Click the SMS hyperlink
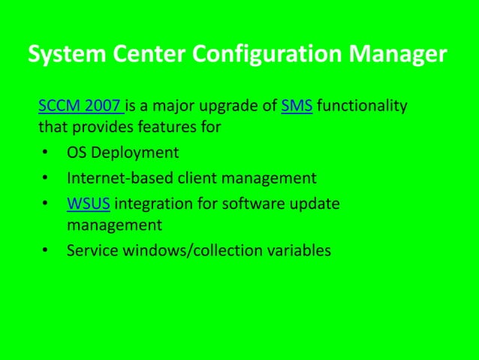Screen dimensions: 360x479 coord(297,106)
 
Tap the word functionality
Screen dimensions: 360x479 coord(362,106)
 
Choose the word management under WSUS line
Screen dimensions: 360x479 coord(114,225)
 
